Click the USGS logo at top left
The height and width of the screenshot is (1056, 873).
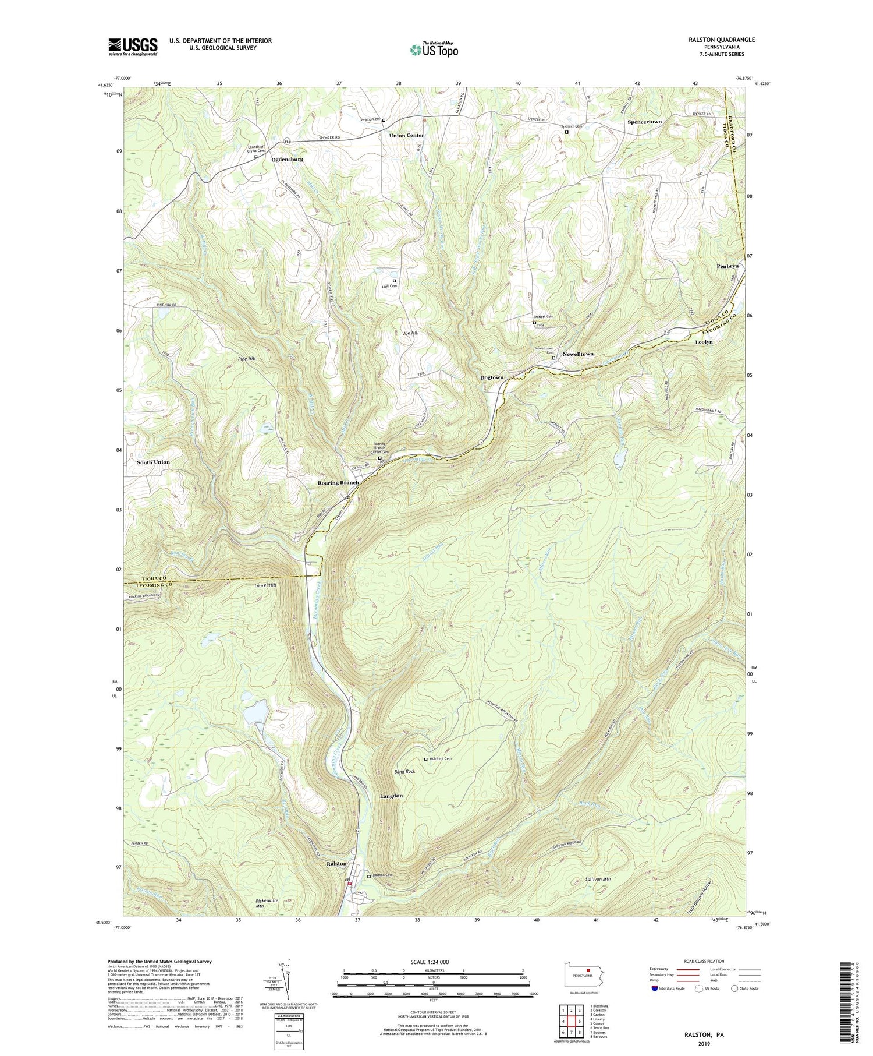click(x=133, y=47)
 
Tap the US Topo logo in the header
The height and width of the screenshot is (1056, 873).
click(x=434, y=50)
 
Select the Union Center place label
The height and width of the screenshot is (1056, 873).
click(x=406, y=135)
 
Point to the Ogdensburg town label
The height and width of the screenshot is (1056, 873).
click(x=287, y=159)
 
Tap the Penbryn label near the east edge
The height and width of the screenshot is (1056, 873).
click(x=727, y=266)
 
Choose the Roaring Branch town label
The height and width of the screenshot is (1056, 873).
click(x=338, y=483)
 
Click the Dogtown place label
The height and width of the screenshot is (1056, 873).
click(x=492, y=377)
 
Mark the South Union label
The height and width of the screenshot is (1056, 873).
click(x=153, y=462)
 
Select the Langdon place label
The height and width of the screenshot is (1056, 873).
click(x=391, y=796)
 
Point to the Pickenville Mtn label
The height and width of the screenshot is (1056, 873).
click(x=267, y=903)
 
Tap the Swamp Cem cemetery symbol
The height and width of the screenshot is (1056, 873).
click(x=384, y=121)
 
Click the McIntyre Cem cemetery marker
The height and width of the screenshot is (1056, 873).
click(x=425, y=759)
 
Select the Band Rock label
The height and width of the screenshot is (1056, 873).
click(x=404, y=771)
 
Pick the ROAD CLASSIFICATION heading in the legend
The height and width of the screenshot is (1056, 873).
click(x=704, y=961)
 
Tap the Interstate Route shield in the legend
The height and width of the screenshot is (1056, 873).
click(x=655, y=988)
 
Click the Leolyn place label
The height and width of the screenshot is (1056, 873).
click(x=704, y=342)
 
